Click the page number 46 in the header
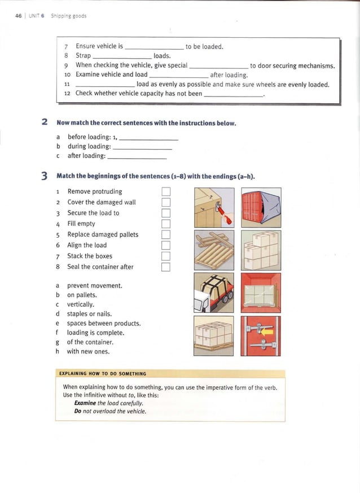pos(19,16)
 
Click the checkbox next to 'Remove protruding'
pos(166,191)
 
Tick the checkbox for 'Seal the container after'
pos(166,267)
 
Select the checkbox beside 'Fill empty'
pos(166,224)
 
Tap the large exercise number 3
pos(44,176)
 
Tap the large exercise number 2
pos(44,123)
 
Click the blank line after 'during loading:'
pos(142,146)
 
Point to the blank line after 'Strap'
pos(122,56)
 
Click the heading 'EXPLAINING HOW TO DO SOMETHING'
pos(103,373)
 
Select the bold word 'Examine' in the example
pos(85,403)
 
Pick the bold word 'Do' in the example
pos(78,411)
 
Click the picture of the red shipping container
pos(261,207)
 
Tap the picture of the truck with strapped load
pos(213,292)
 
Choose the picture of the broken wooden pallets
pos(213,250)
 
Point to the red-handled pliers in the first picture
pos(225,216)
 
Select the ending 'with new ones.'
pos(88,351)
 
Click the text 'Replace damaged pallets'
pos(103,234)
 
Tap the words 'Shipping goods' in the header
pos(68,16)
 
